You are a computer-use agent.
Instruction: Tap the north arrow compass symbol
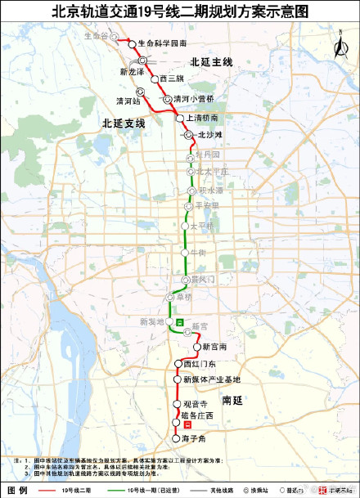click(337, 47)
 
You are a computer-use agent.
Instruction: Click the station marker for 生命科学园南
click(131, 42)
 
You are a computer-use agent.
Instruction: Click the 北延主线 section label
click(211, 62)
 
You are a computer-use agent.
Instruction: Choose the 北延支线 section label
click(124, 123)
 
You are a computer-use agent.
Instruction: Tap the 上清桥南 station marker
click(180, 118)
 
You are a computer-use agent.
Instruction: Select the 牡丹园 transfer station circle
click(191, 155)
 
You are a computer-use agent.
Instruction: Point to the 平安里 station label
click(209, 205)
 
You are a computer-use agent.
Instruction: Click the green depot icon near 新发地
click(179, 323)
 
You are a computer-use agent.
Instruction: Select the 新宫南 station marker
click(196, 347)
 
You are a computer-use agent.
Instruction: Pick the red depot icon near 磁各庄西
click(187, 424)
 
